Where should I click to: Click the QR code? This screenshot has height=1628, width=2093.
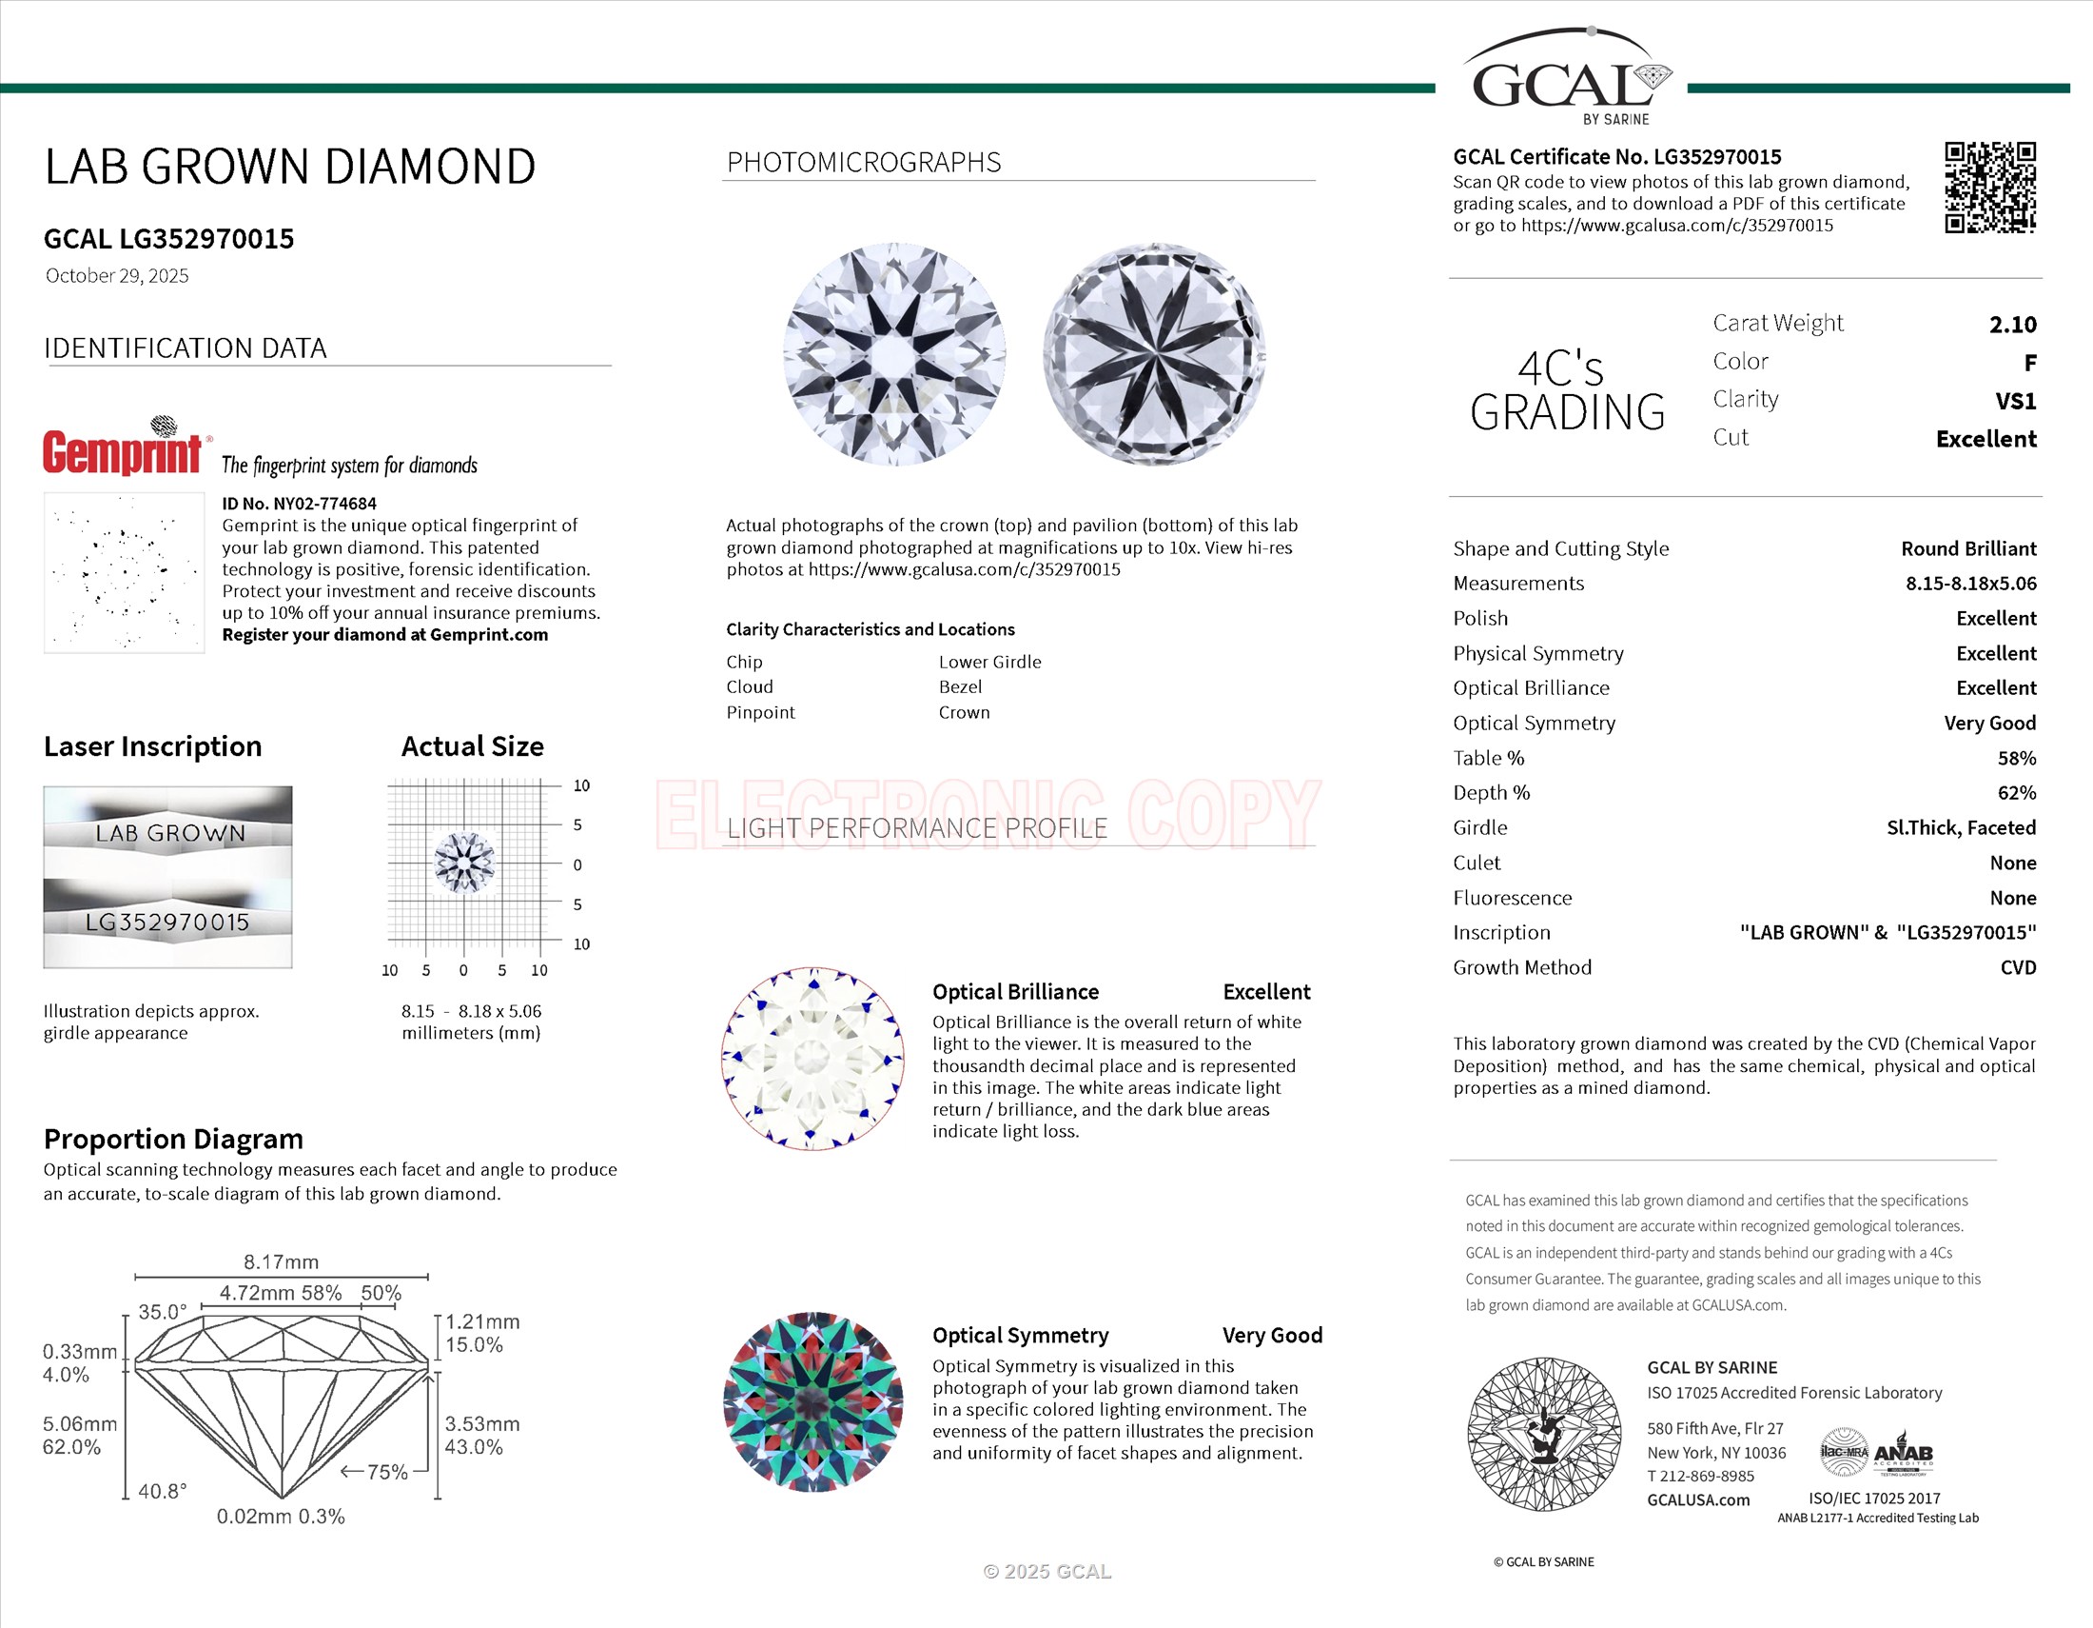point(1989,188)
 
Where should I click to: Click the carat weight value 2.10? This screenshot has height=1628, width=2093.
point(2012,325)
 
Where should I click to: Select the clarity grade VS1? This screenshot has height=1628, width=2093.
point(2015,401)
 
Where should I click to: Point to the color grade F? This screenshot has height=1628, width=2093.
point(2030,364)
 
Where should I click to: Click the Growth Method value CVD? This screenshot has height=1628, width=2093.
point(2017,967)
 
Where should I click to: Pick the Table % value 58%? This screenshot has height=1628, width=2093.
point(2016,759)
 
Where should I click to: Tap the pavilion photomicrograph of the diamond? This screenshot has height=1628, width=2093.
point(1154,355)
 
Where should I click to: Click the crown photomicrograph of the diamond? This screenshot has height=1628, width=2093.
point(894,355)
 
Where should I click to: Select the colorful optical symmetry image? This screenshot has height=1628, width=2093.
point(812,1401)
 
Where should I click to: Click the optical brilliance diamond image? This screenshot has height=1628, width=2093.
point(812,1059)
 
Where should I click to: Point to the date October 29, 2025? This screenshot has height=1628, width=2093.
point(117,276)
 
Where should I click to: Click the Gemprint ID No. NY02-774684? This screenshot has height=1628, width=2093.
point(299,504)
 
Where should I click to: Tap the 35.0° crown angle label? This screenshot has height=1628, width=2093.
point(162,1312)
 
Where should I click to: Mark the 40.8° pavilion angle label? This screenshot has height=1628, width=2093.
point(162,1491)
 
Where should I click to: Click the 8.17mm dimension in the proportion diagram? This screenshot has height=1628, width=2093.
point(281,1261)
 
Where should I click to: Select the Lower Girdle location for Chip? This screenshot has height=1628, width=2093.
point(989,662)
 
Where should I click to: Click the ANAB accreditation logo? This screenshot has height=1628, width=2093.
point(1903,1455)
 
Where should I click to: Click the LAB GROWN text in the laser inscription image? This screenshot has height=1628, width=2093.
point(169,833)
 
